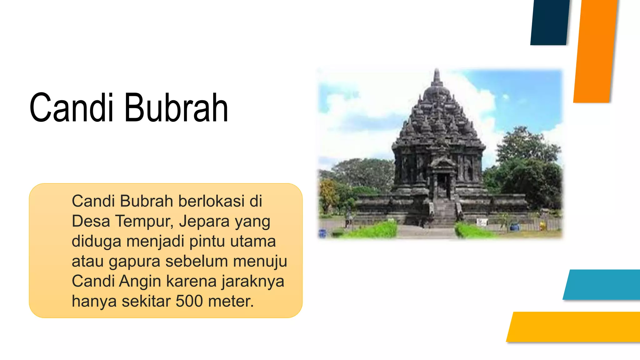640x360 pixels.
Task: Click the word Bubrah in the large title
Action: click(x=177, y=108)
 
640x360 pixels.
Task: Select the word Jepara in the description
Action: click(x=204, y=221)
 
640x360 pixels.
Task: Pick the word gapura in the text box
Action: click(x=134, y=262)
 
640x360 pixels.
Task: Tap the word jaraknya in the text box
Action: click(x=253, y=281)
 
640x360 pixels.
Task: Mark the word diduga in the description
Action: click(x=96, y=241)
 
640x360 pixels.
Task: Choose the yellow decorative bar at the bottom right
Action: click(x=575, y=327)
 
